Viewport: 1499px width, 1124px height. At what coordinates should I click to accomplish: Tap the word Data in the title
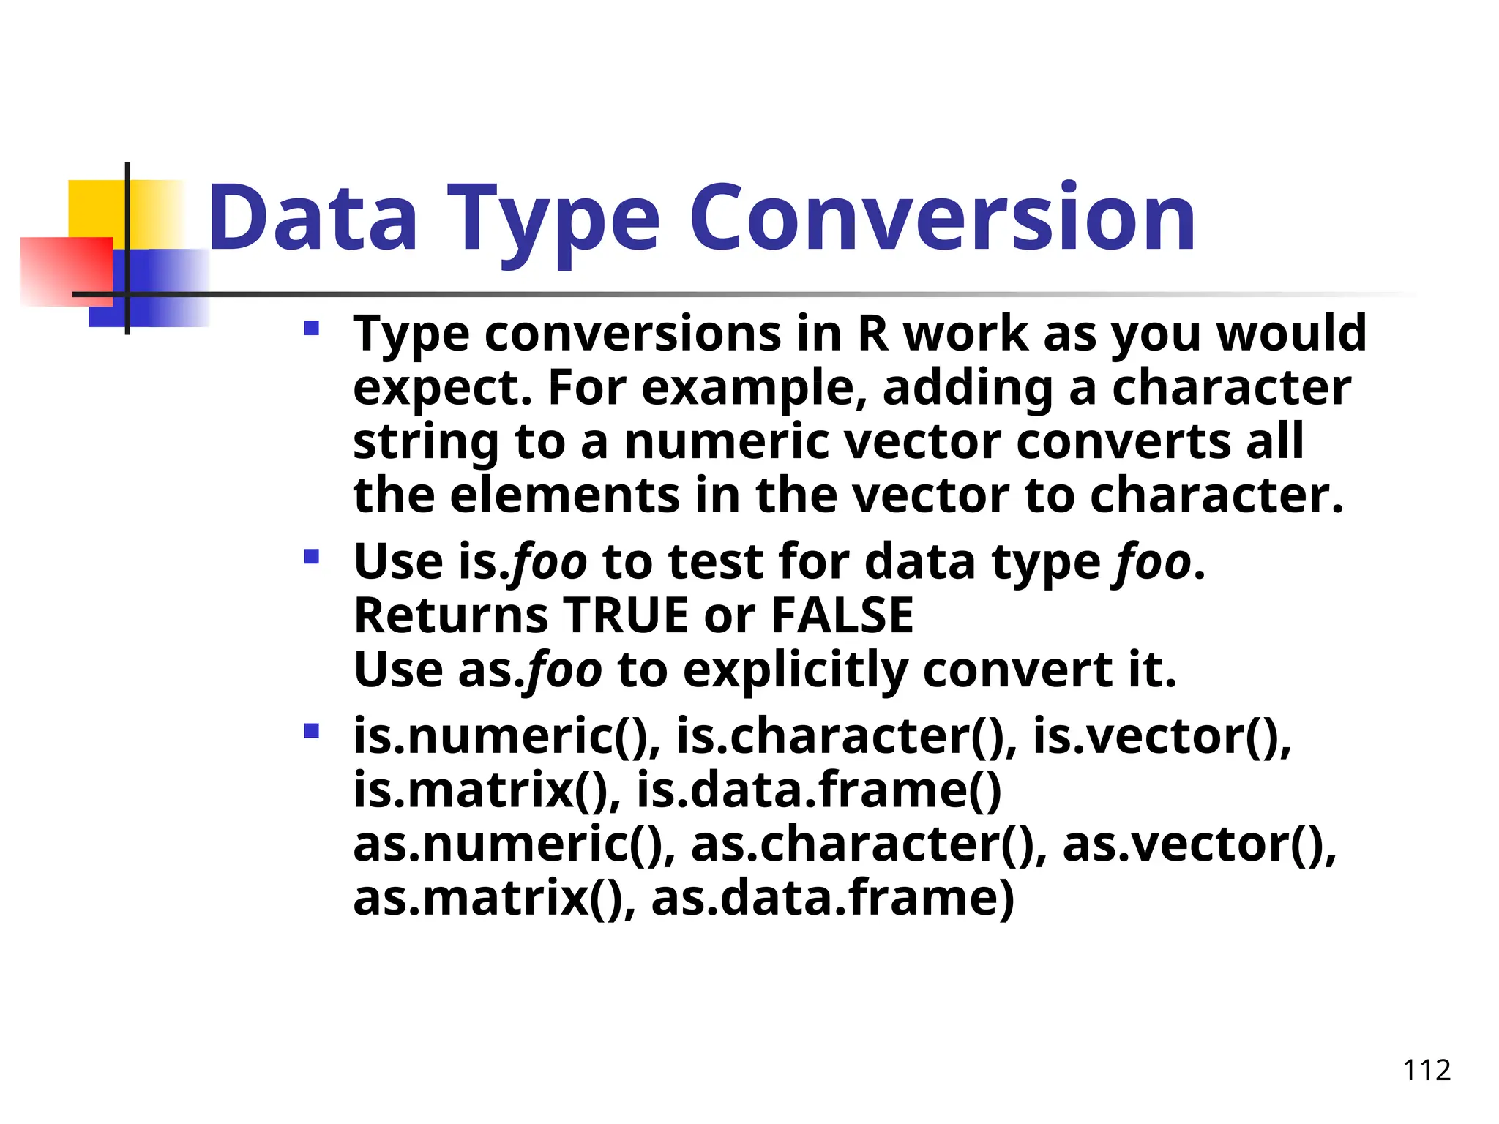pyautogui.click(x=313, y=218)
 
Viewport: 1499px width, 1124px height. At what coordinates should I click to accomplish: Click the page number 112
pyautogui.click(x=1427, y=1071)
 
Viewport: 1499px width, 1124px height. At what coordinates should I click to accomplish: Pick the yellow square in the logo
pyautogui.click(x=99, y=209)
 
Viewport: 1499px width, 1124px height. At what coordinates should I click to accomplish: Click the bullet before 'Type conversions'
pyautogui.click(x=312, y=328)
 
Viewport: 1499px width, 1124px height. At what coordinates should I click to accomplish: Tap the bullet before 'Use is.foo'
pyautogui.click(x=312, y=557)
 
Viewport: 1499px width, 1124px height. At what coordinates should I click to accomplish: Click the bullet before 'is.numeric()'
pyautogui.click(x=312, y=730)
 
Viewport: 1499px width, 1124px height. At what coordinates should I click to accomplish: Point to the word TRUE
pyautogui.click(x=625, y=615)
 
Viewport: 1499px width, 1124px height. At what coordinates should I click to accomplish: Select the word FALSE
pyautogui.click(x=842, y=615)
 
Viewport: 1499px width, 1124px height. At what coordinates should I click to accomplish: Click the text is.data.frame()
pyautogui.click(x=819, y=790)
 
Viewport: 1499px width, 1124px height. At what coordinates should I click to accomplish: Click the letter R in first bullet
pyautogui.click(x=872, y=334)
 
